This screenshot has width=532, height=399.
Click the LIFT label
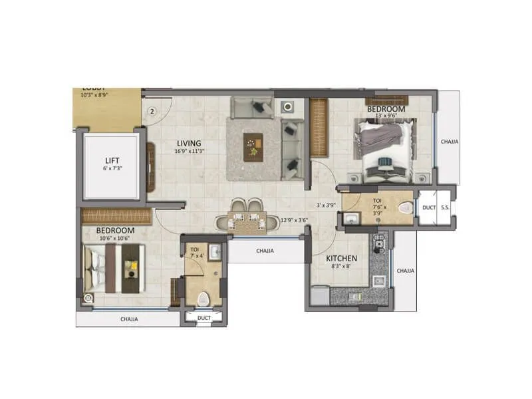pyautogui.click(x=111, y=160)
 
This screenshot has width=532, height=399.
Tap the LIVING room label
pyautogui.click(x=188, y=143)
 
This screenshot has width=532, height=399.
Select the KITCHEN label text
pyautogui.click(x=341, y=258)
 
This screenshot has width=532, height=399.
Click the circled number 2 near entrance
pyautogui.click(x=152, y=112)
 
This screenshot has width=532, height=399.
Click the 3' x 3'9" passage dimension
pyautogui.click(x=325, y=205)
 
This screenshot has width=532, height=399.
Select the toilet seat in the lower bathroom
pyautogui.click(x=205, y=298)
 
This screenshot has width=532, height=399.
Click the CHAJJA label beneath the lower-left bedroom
pyautogui.click(x=129, y=319)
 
